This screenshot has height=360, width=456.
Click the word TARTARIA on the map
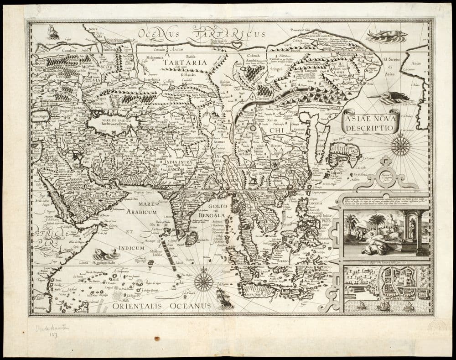click(x=185, y=62)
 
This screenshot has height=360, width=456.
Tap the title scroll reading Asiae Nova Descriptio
click(x=370, y=122)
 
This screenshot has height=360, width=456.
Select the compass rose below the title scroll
click(x=400, y=146)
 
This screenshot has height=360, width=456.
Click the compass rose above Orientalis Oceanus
click(x=203, y=282)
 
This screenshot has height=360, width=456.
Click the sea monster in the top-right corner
click(x=386, y=36)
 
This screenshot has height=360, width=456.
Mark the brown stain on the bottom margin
click(x=157, y=339)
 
